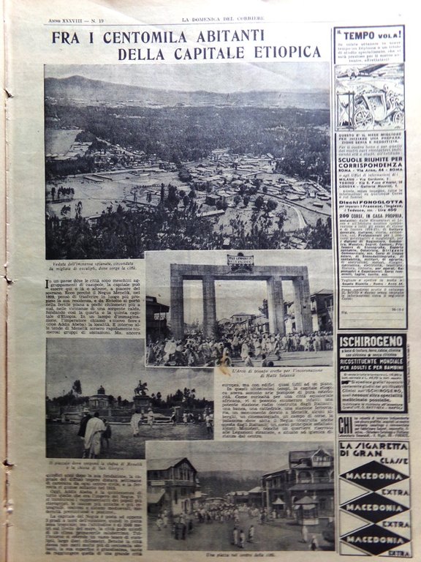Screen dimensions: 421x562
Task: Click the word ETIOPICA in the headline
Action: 281,52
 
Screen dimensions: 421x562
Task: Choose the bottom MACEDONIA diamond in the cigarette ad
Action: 374,539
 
